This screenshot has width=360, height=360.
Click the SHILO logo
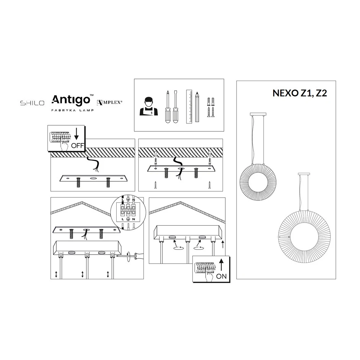(32, 103)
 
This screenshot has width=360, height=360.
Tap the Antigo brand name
(71, 100)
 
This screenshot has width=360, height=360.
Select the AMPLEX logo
(109, 102)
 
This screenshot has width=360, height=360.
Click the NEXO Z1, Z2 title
(300, 93)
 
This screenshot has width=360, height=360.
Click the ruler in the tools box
(189, 107)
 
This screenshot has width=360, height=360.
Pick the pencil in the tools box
(197, 107)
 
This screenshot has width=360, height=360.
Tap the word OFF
(77, 145)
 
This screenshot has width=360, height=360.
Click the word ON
(221, 276)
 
